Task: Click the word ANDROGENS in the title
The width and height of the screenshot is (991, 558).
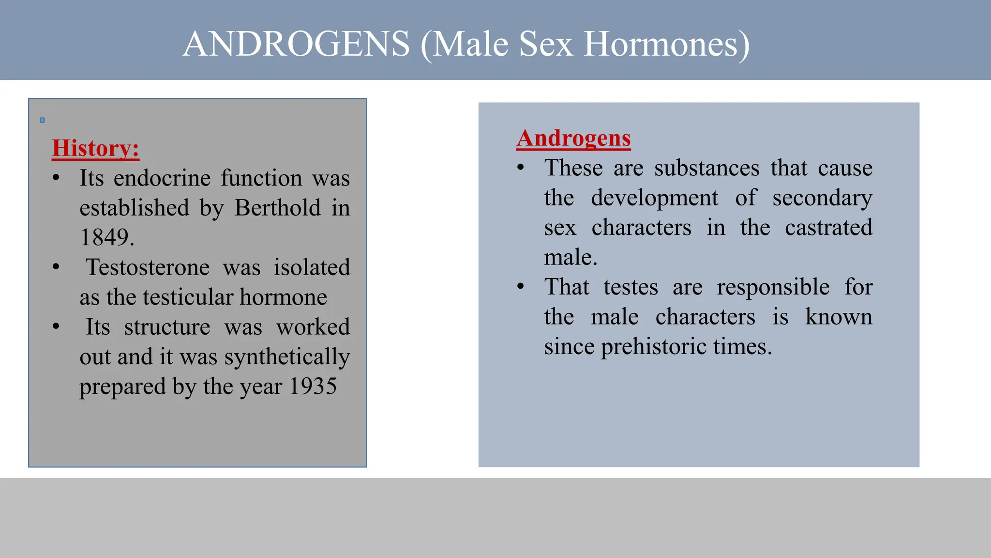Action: (296, 44)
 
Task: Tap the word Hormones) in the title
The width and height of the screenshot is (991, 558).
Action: (667, 44)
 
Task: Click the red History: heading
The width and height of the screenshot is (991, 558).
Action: (95, 148)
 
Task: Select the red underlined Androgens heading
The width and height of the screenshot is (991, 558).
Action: (573, 138)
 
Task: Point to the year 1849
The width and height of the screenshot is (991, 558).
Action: (106, 237)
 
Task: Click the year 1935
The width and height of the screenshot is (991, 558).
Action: (313, 387)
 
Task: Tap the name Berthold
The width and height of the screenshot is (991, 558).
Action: (278, 208)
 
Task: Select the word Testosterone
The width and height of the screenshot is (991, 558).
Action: (148, 267)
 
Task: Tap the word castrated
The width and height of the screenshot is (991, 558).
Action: (828, 228)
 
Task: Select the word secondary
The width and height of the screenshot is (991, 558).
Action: (822, 198)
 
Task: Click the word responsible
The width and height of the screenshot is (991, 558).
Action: (773, 287)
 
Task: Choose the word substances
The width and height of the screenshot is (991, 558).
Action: (706, 168)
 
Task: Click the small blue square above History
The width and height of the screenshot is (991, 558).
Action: (42, 120)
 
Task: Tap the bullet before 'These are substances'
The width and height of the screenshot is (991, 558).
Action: (521, 168)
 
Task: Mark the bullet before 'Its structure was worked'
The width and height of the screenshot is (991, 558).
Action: (56, 327)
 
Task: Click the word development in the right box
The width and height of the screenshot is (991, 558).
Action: (654, 198)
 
